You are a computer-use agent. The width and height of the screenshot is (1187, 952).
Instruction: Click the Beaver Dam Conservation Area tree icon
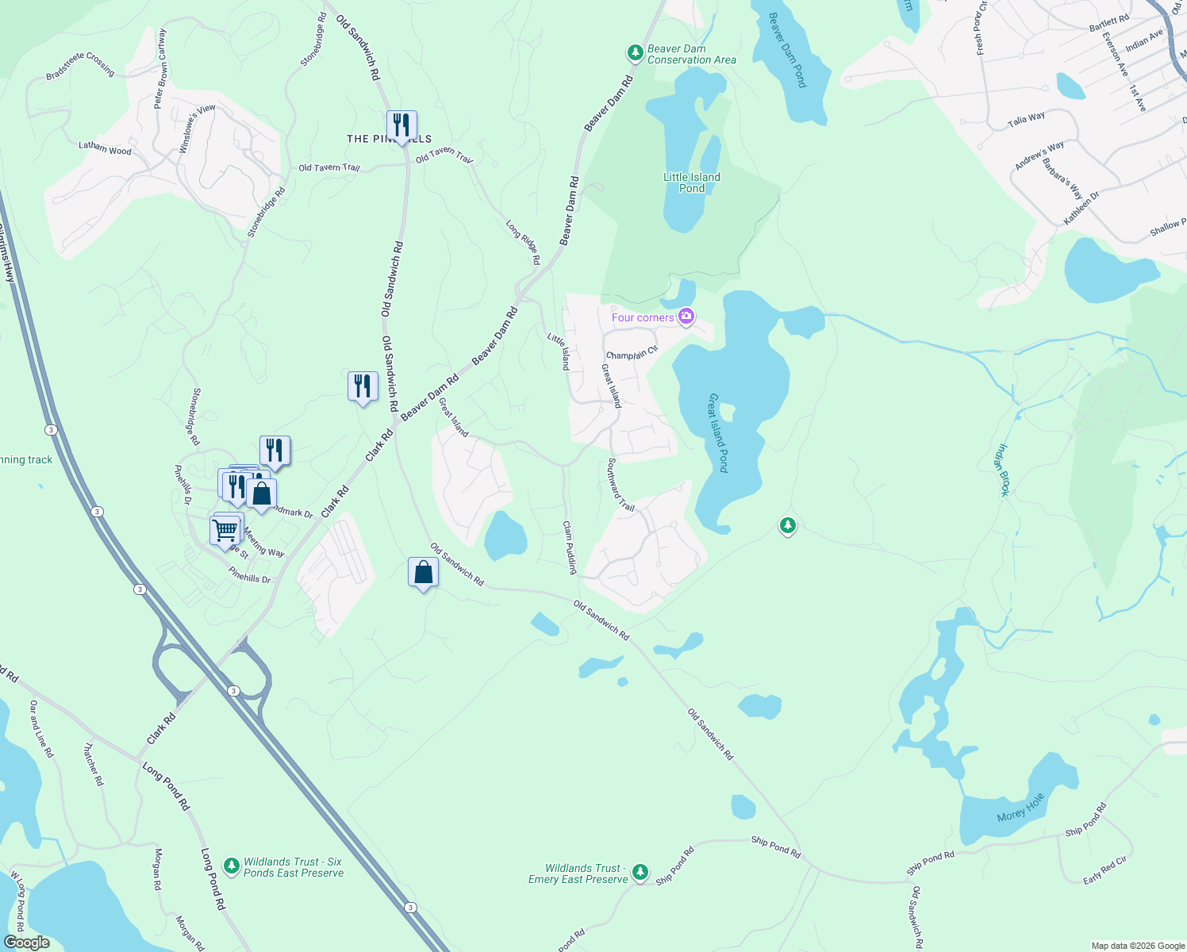tap(635, 53)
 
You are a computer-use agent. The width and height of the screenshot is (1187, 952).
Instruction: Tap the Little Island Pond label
tap(692, 182)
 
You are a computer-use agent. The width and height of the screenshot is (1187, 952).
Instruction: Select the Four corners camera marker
tap(686, 317)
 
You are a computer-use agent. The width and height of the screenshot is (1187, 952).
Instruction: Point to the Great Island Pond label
tap(718, 432)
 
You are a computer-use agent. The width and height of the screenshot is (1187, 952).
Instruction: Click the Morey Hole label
tap(1020, 807)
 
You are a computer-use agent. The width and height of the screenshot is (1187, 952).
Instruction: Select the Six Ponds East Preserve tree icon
tap(232, 866)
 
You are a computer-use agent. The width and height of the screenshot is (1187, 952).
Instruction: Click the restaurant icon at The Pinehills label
tap(401, 125)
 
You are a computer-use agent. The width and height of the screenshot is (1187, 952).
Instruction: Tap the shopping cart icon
tap(225, 528)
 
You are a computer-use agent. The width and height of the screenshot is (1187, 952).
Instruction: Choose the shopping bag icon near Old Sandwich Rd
tap(423, 572)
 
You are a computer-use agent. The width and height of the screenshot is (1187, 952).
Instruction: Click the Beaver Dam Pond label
tap(787, 50)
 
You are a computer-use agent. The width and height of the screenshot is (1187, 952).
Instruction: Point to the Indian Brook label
tap(1002, 470)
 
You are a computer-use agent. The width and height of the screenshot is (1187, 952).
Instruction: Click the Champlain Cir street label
tap(632, 353)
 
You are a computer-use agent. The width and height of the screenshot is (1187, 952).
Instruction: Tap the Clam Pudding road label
tap(570, 547)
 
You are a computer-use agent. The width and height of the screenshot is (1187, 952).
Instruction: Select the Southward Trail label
tap(620, 485)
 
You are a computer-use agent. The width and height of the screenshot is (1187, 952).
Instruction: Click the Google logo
tap(27, 942)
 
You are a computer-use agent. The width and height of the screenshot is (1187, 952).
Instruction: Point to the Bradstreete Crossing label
tap(80, 65)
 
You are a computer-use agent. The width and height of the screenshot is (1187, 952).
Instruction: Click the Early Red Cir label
tap(1104, 870)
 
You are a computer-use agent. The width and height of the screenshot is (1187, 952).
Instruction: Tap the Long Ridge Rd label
tap(523, 242)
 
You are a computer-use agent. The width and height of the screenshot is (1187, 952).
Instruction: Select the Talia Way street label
tap(1026, 120)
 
